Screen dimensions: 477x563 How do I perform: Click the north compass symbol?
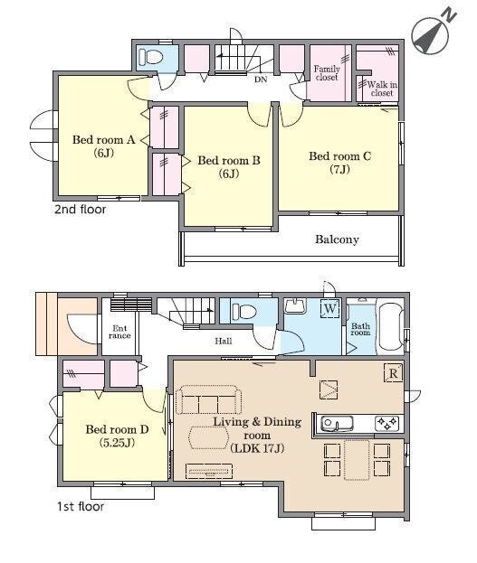pos(433,33)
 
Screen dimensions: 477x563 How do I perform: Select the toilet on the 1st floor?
pos(243,311)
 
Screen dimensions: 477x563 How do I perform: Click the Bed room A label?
pos(103,146)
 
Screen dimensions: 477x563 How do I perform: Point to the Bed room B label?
pos(229,167)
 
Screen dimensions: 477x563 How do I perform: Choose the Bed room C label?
pos(339,163)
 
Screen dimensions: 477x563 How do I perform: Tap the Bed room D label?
pos(117,436)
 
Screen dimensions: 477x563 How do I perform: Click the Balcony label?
pos(337,239)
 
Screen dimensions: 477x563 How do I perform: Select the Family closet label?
pos(327,73)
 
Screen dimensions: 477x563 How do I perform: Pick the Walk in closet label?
pos(382,89)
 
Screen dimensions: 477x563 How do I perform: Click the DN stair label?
pos(261,80)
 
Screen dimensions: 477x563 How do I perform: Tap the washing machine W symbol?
pos(330,308)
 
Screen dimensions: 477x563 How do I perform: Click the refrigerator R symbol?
pos(393,373)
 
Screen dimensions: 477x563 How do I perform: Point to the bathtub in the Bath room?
pos(391,327)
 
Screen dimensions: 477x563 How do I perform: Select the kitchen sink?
pos(337,423)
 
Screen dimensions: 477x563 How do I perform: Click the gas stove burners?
pos(387,423)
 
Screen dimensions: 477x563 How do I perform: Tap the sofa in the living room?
pos(208,400)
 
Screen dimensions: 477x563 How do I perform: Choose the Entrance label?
pos(119,333)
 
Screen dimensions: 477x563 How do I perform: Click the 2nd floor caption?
pos(81,210)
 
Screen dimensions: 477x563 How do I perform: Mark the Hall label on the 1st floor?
pos(224,341)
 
